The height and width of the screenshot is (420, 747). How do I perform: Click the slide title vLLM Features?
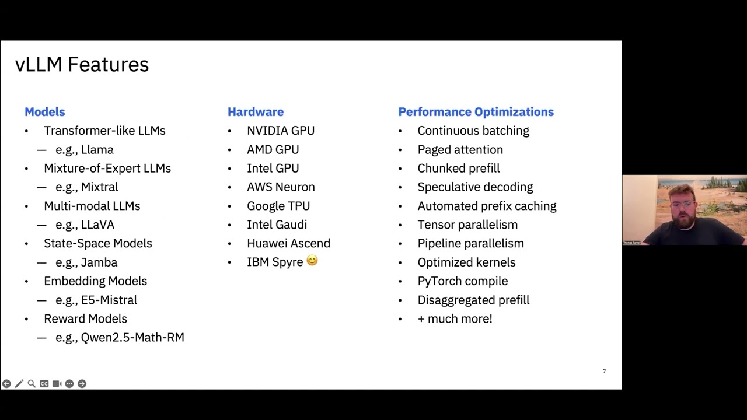coord(82,64)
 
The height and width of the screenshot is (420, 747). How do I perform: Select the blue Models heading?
coord(44,112)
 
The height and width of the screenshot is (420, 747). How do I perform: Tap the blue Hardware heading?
coord(256,112)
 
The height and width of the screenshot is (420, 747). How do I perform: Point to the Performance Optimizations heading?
coord(476,112)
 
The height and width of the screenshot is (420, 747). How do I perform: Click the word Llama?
coord(97,150)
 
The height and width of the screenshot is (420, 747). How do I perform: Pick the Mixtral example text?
coord(99,187)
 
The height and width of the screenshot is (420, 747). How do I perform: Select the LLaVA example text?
coord(97,225)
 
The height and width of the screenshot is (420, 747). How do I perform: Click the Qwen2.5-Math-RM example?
coord(132,337)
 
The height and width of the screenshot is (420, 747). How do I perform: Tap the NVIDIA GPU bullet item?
coord(280,131)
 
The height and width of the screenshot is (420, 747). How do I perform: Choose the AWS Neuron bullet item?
coord(281,187)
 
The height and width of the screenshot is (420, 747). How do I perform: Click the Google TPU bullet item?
coord(278,206)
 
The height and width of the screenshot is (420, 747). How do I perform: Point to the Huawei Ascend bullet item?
coord(288,243)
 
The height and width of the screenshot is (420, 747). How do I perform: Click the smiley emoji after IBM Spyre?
coord(312,261)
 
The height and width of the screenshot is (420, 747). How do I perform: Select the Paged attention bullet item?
coord(460,150)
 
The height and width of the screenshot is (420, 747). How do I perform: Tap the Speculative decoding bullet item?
coord(475,187)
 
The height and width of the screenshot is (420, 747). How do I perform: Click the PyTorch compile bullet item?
coord(462,281)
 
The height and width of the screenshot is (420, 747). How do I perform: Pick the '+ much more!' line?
coord(455,318)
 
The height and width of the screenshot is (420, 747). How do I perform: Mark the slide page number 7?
coord(604,371)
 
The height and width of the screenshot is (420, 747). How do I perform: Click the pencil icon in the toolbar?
coord(19,383)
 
